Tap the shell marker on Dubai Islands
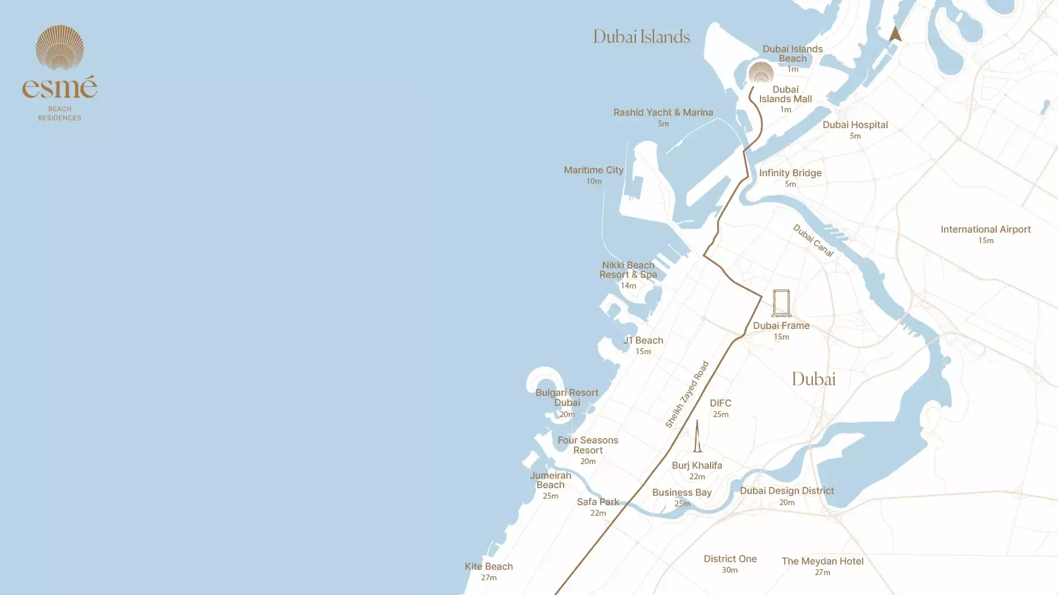(x=761, y=73)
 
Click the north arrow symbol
(x=895, y=34)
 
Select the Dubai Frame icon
(x=781, y=303)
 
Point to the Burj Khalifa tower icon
(x=698, y=436)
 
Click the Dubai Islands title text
(x=641, y=37)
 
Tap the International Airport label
(x=985, y=229)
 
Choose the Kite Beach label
(x=488, y=566)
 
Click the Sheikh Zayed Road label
(x=687, y=395)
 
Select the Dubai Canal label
(x=813, y=240)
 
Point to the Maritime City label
(x=593, y=170)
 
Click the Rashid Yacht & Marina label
(x=663, y=112)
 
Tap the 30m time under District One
(x=729, y=570)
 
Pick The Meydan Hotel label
(x=822, y=561)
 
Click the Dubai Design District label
(x=786, y=490)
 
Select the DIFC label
(x=720, y=403)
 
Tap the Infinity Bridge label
(x=790, y=173)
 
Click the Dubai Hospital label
(x=855, y=125)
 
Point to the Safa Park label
(x=598, y=502)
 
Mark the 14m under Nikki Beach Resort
(x=628, y=285)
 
